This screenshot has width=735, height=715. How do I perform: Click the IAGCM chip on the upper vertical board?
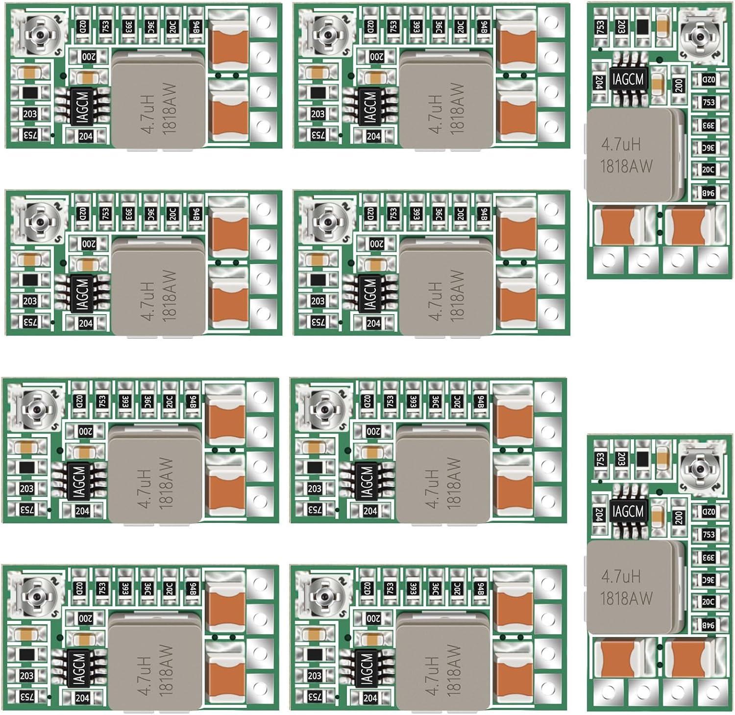(628, 79)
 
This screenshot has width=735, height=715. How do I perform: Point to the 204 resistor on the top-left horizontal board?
(86, 137)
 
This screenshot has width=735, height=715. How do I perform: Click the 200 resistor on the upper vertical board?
(679, 86)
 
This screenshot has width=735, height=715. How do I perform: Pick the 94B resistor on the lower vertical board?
(709, 625)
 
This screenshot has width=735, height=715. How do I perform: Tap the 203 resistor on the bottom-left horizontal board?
(27, 675)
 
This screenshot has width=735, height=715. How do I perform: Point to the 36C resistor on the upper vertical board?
(709, 148)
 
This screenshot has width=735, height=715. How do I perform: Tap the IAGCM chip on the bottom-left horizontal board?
(79, 668)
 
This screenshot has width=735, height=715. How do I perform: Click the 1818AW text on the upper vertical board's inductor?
(627, 167)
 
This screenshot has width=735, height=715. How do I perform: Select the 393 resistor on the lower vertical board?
(709, 558)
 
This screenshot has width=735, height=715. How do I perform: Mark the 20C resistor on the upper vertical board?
(709, 170)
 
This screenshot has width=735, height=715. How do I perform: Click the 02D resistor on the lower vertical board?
(709, 512)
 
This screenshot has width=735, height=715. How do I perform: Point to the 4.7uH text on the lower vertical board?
(621, 576)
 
